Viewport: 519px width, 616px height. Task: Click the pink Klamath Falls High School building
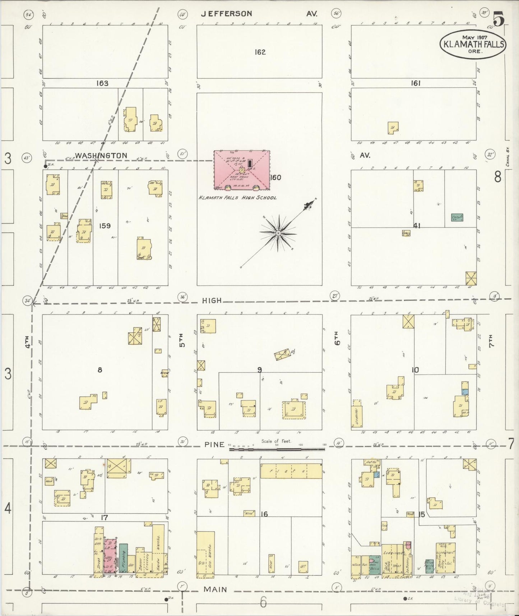pyautogui.click(x=241, y=170)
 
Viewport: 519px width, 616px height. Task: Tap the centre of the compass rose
pyautogui.click(x=278, y=233)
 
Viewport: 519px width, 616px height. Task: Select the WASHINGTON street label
pyautogui.click(x=101, y=156)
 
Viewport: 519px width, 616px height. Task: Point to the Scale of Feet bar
pyautogui.click(x=277, y=449)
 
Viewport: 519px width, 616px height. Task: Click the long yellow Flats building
pyautogui.click(x=291, y=471)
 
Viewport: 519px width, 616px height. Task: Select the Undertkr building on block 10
pyautogui.click(x=357, y=413)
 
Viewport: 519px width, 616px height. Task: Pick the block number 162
pyautogui.click(x=260, y=52)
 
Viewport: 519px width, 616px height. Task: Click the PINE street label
pyautogui.click(x=214, y=445)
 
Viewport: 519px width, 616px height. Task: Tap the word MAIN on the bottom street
pyautogui.click(x=215, y=589)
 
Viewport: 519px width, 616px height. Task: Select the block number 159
pyautogui.click(x=105, y=226)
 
